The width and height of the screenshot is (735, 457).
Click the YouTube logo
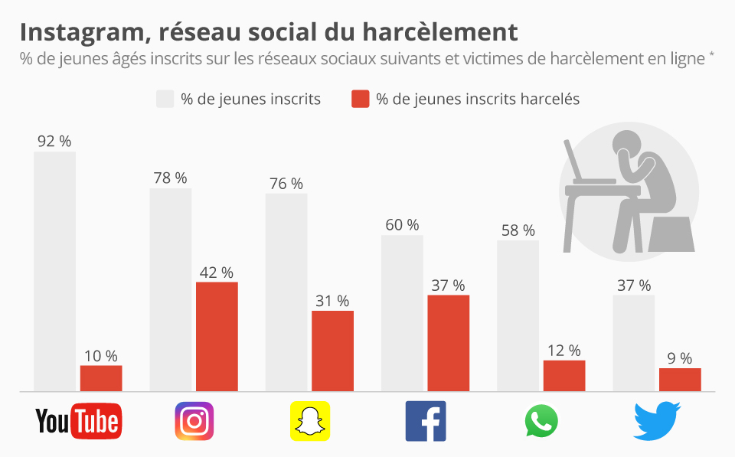78,421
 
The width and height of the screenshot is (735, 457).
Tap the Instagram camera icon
194,421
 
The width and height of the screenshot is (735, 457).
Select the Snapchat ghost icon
309,421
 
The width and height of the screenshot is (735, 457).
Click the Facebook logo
425,421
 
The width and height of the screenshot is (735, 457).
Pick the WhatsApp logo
541,421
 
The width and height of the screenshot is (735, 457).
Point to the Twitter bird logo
657,421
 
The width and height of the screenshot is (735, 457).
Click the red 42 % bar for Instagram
217,337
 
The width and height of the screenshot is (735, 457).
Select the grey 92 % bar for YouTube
54,272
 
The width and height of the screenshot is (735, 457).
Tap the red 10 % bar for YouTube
101,378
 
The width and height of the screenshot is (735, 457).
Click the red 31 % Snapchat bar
332,351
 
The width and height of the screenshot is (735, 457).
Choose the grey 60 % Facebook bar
402,313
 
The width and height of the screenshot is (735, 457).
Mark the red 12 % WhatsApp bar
564,376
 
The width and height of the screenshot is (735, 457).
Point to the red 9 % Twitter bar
680,380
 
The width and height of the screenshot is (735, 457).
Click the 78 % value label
170,178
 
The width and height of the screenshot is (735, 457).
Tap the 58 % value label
518,230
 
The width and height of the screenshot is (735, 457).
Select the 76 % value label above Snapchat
286,184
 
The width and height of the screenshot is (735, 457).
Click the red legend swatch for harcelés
361,100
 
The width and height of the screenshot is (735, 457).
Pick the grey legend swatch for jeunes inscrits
165,100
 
